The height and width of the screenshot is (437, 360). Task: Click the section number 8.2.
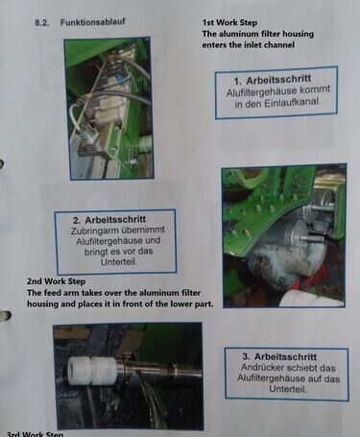click(x=41, y=23)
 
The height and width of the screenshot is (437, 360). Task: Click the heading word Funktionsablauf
click(x=92, y=22)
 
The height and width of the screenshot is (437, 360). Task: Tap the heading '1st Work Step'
click(x=229, y=23)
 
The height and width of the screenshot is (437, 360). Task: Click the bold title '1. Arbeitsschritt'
click(x=273, y=79)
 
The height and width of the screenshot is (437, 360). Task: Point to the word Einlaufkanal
click(x=292, y=103)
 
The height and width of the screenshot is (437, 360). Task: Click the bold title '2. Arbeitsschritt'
click(x=109, y=220)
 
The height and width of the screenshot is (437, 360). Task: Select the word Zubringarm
click(x=95, y=231)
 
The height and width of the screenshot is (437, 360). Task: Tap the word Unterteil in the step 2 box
click(x=119, y=261)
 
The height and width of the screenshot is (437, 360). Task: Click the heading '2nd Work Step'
click(x=56, y=281)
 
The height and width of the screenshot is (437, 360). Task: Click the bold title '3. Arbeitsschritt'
click(x=279, y=356)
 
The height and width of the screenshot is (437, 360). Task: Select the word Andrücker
click(x=260, y=367)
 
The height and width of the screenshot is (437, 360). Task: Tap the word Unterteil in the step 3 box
click(x=288, y=389)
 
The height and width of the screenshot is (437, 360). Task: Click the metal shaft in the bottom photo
click(x=159, y=371)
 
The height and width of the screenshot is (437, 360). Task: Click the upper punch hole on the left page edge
click(x=2, y=163)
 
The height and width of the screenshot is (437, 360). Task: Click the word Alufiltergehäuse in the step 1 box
click(x=261, y=92)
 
